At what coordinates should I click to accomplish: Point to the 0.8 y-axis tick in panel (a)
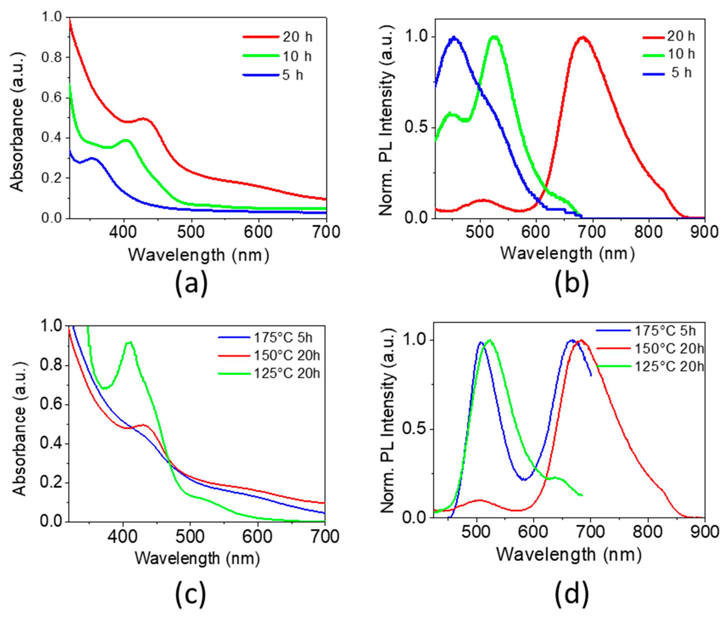point(51,57)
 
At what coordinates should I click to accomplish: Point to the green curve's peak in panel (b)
point(494,37)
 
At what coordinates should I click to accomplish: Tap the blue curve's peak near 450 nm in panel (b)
point(454,37)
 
